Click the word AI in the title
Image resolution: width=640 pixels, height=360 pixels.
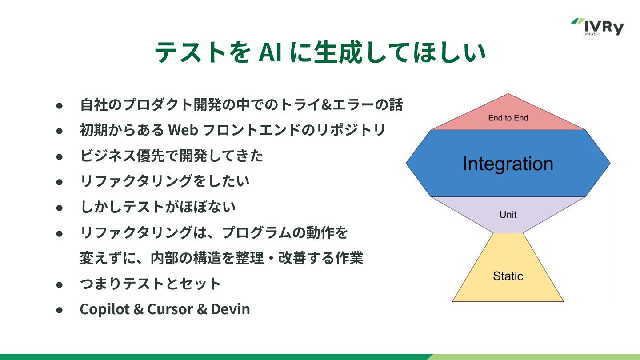pos(272,53)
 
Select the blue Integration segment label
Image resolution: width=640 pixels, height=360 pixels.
pos(508,164)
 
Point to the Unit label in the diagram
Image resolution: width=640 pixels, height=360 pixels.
pos(508,215)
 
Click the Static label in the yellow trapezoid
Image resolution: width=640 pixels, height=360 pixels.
pos(508,276)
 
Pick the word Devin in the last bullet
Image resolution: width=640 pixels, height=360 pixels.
pos(231,309)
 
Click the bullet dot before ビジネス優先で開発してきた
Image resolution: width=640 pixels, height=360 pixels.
pos(60,156)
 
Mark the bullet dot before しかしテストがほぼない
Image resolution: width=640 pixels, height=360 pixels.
pos(60,208)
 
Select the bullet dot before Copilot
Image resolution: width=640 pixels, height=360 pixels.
pos(60,310)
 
